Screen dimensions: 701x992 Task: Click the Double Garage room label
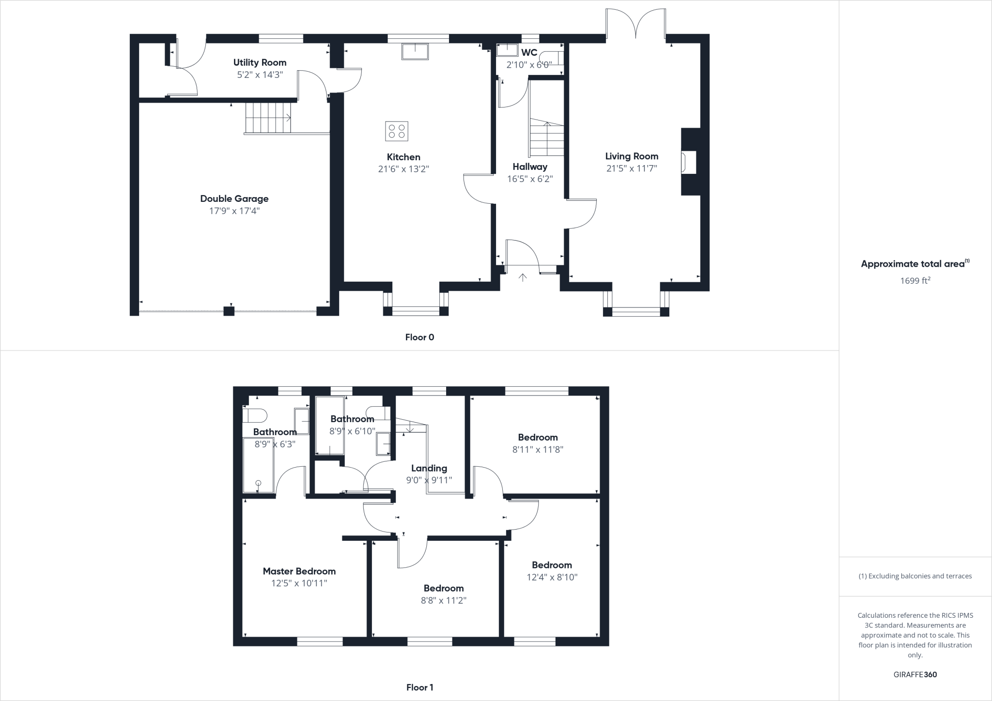234,198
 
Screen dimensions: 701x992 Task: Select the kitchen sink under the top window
415,51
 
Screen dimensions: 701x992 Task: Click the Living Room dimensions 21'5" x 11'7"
632,168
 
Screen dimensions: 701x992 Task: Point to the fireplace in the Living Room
689,162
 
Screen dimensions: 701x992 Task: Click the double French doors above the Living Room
635,22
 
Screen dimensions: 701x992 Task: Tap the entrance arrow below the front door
523,277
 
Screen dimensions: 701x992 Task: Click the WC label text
529,52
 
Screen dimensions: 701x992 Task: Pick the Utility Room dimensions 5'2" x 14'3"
260,75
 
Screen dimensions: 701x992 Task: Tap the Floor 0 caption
419,337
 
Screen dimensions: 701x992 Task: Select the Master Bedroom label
299,571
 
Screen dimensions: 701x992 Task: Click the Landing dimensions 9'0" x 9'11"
429,480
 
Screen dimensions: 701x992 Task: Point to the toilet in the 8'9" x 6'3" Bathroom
255,415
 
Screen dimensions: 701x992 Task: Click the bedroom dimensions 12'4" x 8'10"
552,577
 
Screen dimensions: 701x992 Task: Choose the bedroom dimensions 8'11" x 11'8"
538,449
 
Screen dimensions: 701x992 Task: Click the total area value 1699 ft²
915,280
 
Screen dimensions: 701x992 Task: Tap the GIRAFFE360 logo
915,674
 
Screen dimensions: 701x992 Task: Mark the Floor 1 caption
419,687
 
